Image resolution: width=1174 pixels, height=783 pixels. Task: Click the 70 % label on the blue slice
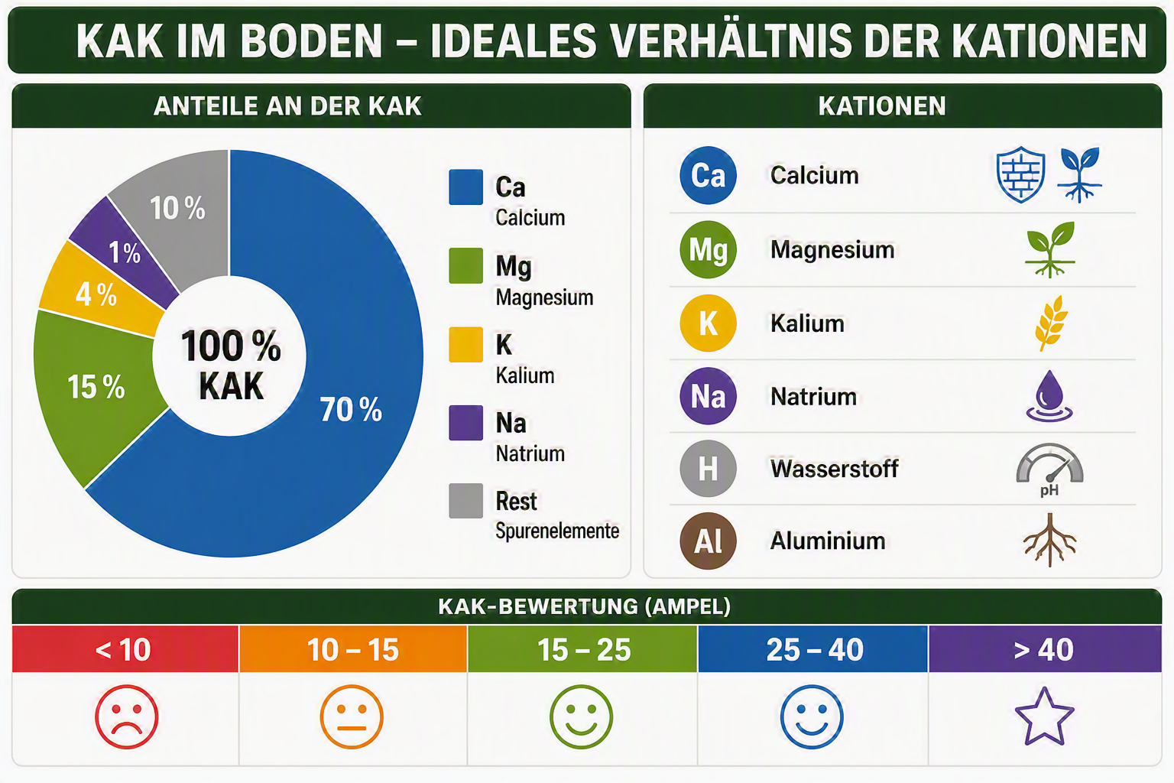coord(351,409)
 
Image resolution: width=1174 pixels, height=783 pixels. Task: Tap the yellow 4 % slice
coord(99,291)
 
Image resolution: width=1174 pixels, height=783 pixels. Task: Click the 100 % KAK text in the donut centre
coord(231,365)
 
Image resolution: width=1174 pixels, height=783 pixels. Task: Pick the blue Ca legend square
coord(466,187)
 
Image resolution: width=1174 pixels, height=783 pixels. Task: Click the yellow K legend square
coord(466,345)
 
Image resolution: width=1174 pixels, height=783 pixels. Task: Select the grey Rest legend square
coord(466,501)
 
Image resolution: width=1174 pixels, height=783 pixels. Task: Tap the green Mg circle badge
coord(708,249)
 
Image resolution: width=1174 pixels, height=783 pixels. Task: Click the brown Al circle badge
coord(708,541)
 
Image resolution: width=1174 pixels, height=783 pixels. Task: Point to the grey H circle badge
coord(708,468)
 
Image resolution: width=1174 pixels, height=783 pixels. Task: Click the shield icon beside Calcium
coord(1020,174)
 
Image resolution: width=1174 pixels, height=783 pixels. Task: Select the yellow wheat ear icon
coord(1050,323)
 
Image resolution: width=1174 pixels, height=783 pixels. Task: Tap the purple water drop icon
coord(1049,396)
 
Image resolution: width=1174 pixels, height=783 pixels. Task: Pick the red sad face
coord(126,716)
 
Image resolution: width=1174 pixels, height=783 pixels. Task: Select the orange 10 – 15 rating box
coord(352,648)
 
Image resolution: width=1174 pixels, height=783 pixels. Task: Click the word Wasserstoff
coord(835,468)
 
